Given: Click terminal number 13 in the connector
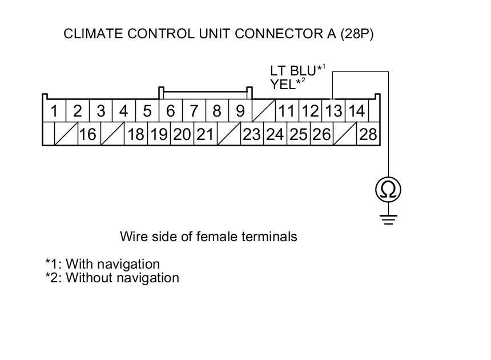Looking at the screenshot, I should (333, 110).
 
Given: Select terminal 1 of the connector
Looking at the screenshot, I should (54, 110).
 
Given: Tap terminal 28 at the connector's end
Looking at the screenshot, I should (368, 135).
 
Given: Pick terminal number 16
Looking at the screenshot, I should (87, 135).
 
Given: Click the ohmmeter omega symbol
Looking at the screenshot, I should (388, 190).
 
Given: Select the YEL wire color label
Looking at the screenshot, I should (284, 85).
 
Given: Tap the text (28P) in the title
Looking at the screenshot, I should (356, 34).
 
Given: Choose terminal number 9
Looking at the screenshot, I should (240, 110).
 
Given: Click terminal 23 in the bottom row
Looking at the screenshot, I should (251, 135).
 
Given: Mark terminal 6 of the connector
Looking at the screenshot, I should (170, 110).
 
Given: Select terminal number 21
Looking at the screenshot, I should (204, 135).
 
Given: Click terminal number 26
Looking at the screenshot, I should (321, 135).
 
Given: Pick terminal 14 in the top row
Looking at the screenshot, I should (356, 110).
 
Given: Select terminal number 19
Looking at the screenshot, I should (158, 135).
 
